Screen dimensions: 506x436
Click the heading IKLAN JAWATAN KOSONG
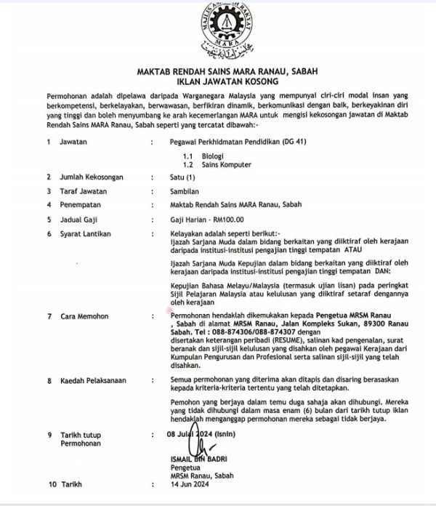point(217,81)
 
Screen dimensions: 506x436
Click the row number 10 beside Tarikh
point(51,483)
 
